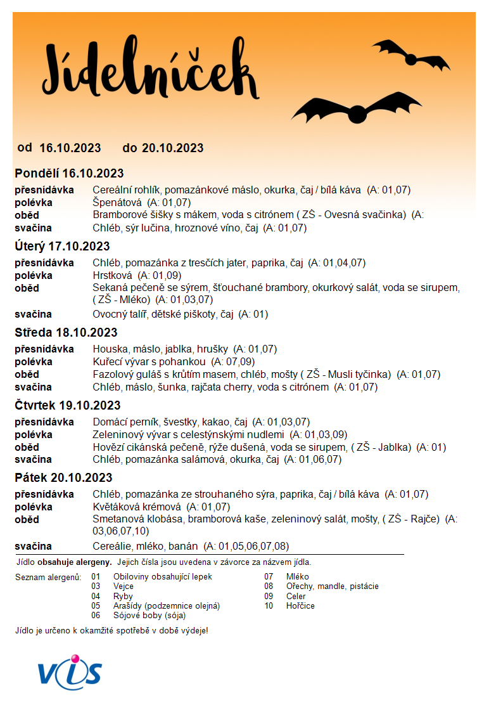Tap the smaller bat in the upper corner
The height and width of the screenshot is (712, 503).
(411, 53)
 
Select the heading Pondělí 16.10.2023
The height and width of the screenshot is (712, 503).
(69, 173)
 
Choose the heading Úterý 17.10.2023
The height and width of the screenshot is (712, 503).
(62, 246)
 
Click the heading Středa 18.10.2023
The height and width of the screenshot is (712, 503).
(66, 332)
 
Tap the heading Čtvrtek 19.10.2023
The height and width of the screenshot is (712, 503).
(68, 405)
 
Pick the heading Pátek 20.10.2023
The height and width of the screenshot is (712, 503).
(63, 477)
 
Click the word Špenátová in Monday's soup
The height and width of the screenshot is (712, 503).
(117, 202)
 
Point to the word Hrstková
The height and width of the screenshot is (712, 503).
(112, 276)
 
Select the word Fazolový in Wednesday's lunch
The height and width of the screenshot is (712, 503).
(113, 374)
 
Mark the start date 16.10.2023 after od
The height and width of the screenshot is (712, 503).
(70, 148)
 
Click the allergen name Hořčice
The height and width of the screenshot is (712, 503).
(300, 605)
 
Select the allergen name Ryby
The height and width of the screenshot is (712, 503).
(123, 596)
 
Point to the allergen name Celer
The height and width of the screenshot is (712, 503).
(296, 596)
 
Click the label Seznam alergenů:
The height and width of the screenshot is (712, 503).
(48, 577)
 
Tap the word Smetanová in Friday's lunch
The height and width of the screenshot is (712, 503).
(118, 519)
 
